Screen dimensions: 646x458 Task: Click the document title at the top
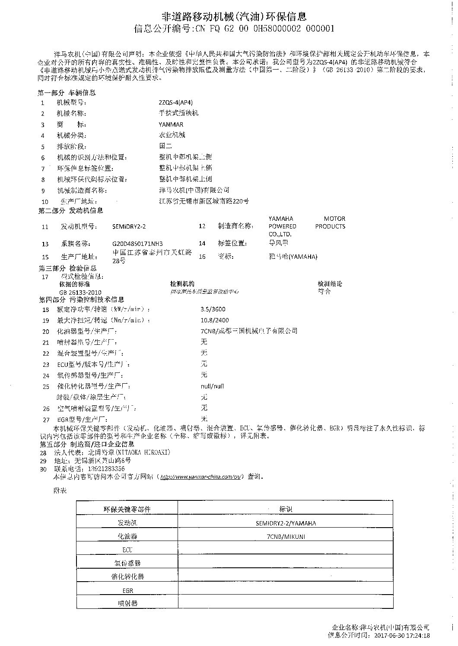[234, 16]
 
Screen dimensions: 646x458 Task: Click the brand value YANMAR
[171, 124]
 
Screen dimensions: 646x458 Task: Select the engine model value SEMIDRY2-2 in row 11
[129, 226]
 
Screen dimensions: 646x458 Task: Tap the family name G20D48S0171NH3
[137, 244]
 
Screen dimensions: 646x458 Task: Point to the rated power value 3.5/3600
[213, 309]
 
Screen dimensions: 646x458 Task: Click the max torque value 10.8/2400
[215, 320]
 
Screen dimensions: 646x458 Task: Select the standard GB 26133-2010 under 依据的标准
[80, 293]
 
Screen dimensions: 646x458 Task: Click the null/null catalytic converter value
[212, 386]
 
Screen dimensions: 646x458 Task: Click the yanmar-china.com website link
[200, 477]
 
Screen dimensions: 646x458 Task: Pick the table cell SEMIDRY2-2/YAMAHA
[286, 523]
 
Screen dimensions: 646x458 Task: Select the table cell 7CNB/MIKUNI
[286, 536]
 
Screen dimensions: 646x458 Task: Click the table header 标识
[286, 509]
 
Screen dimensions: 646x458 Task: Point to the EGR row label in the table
[127, 590]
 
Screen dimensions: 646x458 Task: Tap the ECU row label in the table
[127, 550]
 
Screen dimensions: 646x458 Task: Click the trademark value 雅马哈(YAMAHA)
[293, 257]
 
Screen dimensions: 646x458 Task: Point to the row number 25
[46, 387]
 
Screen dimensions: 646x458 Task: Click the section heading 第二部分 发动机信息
[71, 210]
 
